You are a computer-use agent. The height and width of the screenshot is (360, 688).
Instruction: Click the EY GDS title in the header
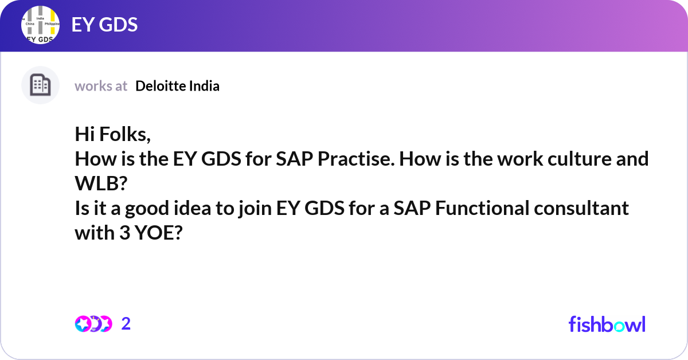point(104,25)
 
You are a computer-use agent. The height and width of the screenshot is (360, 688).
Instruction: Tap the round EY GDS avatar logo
point(40,25)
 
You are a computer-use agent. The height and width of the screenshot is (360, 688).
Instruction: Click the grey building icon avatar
point(40,85)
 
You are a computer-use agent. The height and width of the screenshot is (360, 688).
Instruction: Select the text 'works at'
point(101,86)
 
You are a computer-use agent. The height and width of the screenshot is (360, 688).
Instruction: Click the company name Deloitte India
point(177,86)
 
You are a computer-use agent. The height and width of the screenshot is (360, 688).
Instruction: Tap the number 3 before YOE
point(121,233)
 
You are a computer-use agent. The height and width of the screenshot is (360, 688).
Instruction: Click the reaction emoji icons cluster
point(92,324)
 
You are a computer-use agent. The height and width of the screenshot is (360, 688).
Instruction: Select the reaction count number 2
point(126,324)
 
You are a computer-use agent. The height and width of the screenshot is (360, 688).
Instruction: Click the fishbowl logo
point(607,324)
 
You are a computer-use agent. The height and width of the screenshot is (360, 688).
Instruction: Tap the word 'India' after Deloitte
point(205,86)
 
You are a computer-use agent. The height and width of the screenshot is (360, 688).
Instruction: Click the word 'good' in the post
point(158,208)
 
